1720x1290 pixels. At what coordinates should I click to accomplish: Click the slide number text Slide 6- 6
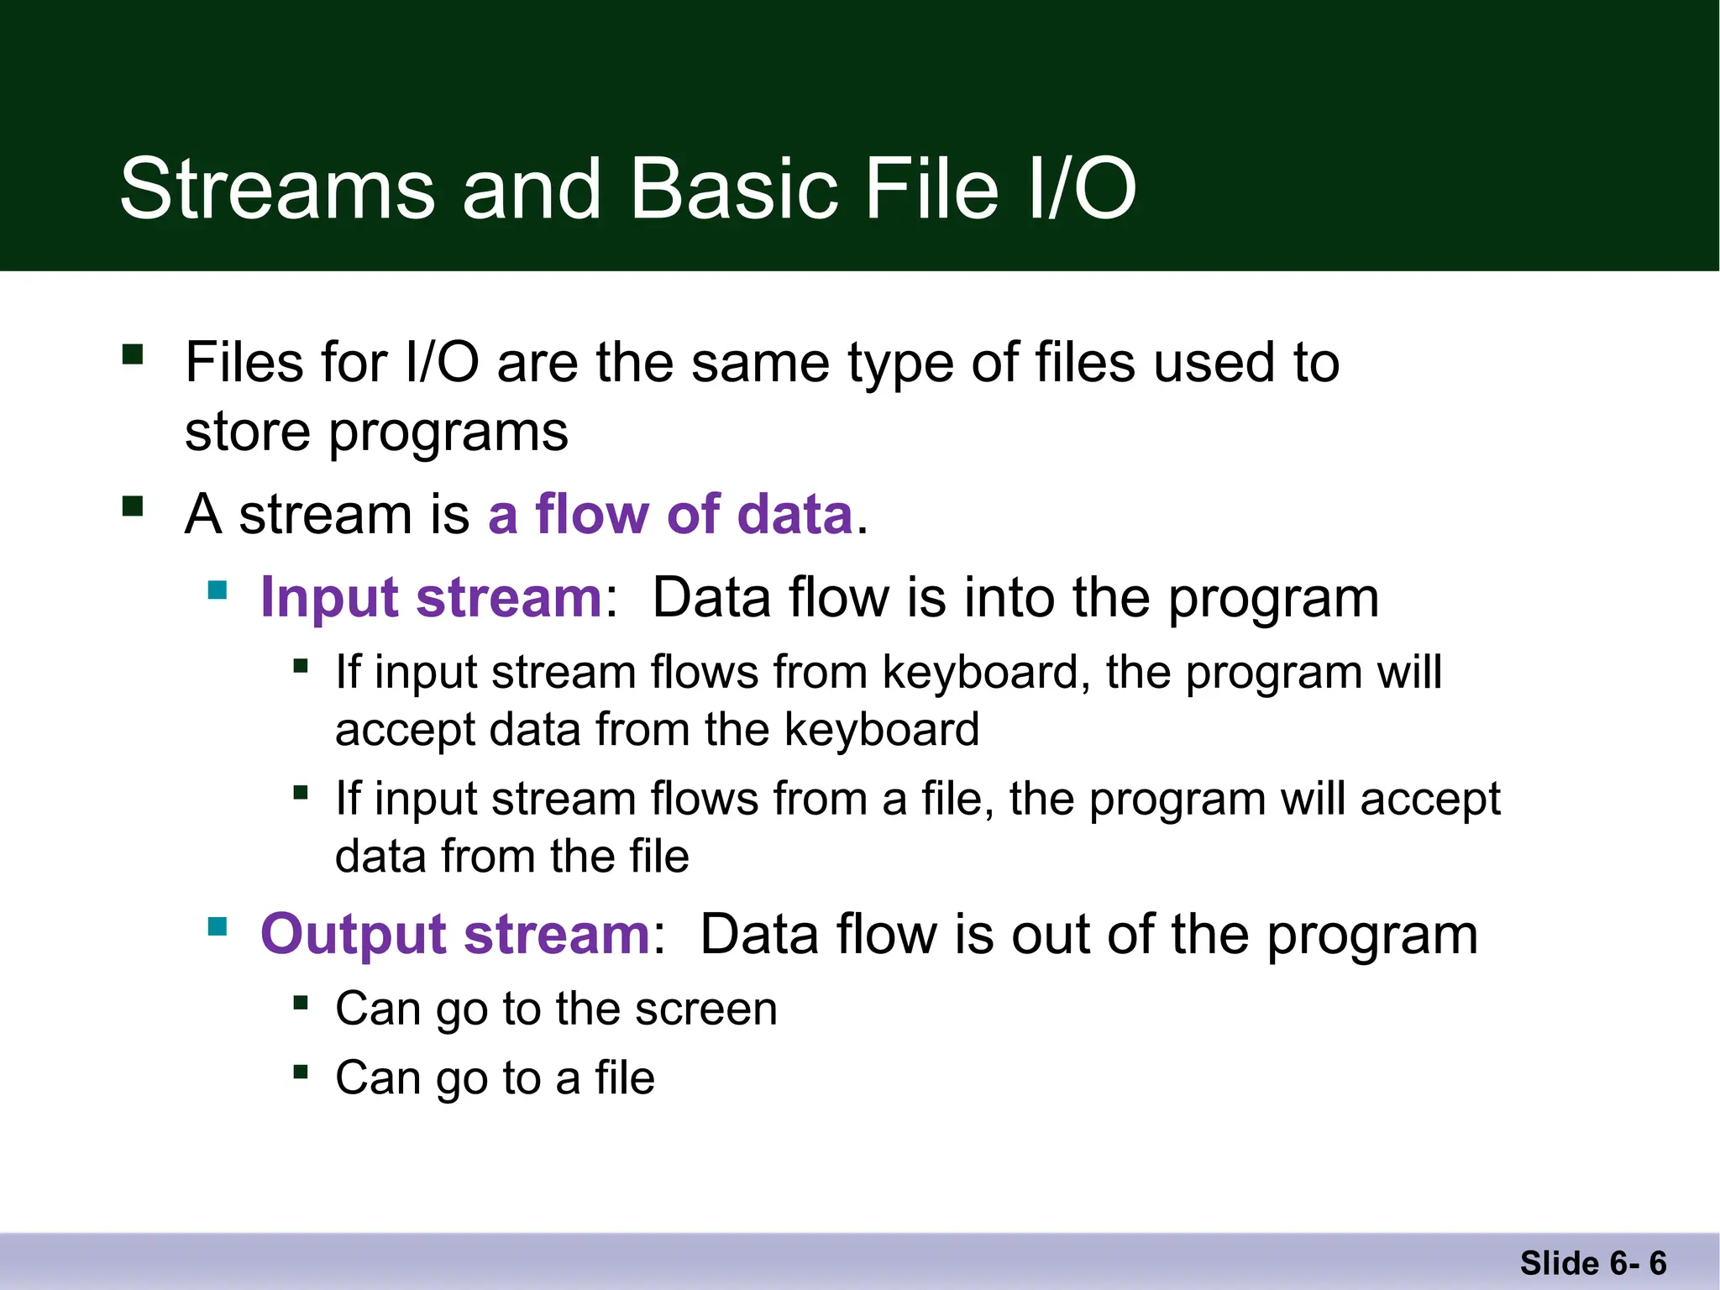1592,1263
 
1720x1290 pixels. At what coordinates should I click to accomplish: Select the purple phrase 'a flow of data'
670,514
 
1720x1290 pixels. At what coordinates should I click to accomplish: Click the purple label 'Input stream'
431,598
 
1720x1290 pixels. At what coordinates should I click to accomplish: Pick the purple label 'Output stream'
454,934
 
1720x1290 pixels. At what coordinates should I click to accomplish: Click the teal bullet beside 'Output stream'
218,926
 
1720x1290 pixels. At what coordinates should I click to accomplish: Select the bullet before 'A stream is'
133,506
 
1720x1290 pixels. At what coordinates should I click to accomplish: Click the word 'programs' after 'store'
448,433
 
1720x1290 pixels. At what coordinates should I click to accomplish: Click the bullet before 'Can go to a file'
301,1071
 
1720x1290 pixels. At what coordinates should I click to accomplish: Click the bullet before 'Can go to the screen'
301,1001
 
